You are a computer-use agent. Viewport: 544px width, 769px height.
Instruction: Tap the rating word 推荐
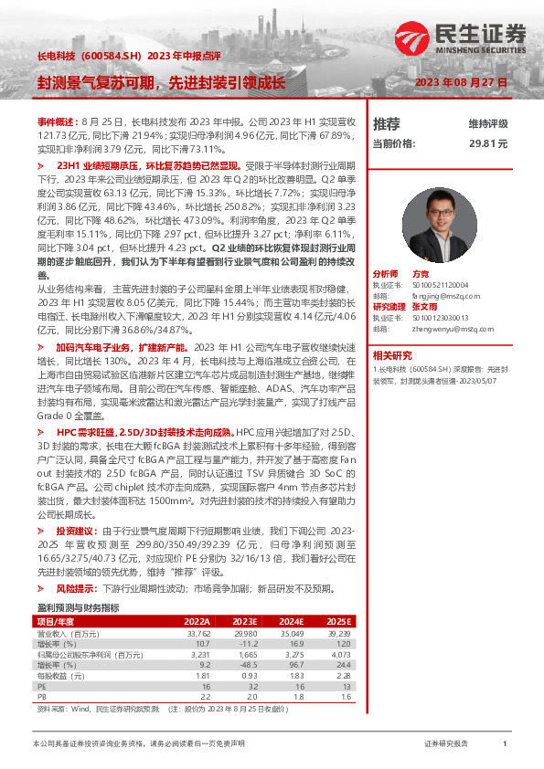click(x=387, y=123)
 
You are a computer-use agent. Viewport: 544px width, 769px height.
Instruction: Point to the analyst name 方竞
click(x=421, y=274)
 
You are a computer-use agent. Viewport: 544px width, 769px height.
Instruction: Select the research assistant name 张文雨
click(x=428, y=306)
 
